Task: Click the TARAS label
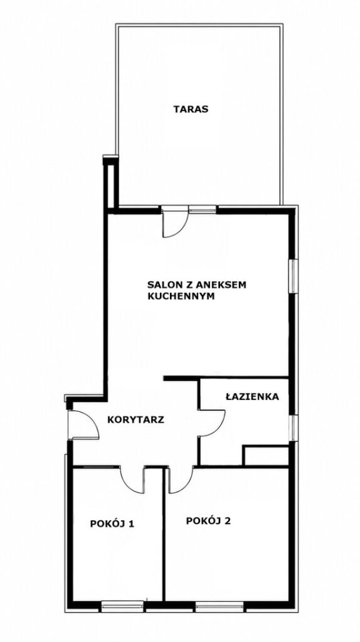(x=191, y=109)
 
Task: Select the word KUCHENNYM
(x=181, y=297)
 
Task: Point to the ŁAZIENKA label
(x=252, y=397)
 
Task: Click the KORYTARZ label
(x=136, y=419)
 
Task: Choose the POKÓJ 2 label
(x=209, y=521)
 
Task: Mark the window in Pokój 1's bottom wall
(x=122, y=607)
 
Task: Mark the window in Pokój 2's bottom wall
(x=219, y=607)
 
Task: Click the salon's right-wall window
(x=294, y=276)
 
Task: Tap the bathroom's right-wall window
(x=293, y=428)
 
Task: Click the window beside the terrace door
(x=203, y=210)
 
